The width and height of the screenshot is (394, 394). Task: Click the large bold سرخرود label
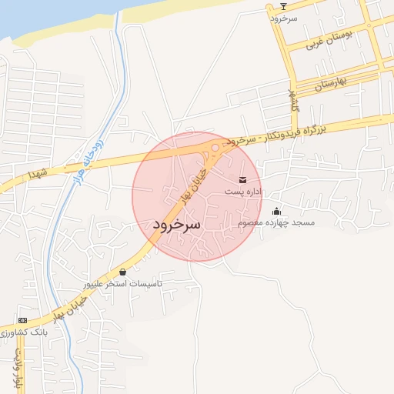(x=176, y=225)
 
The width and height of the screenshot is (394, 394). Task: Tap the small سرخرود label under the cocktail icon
(x=283, y=17)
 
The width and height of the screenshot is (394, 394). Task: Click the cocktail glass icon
(x=283, y=6)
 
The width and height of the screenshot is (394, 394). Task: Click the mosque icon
(x=277, y=212)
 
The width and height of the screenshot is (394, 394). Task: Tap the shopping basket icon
(x=123, y=272)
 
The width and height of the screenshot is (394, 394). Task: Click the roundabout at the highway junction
(x=215, y=147)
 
